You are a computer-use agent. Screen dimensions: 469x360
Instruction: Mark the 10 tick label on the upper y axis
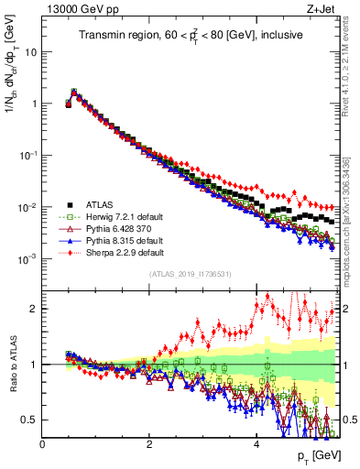(31, 51)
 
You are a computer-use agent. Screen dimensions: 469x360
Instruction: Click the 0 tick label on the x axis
(43, 444)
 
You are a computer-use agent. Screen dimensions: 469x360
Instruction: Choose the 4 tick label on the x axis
(256, 444)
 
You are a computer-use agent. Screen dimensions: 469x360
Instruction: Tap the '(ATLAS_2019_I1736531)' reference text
(191, 274)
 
